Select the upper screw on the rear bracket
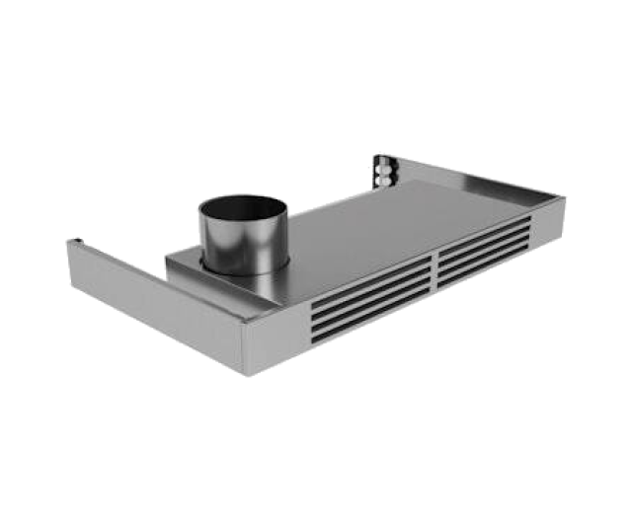click(380, 169)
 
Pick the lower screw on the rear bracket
click(380, 181)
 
